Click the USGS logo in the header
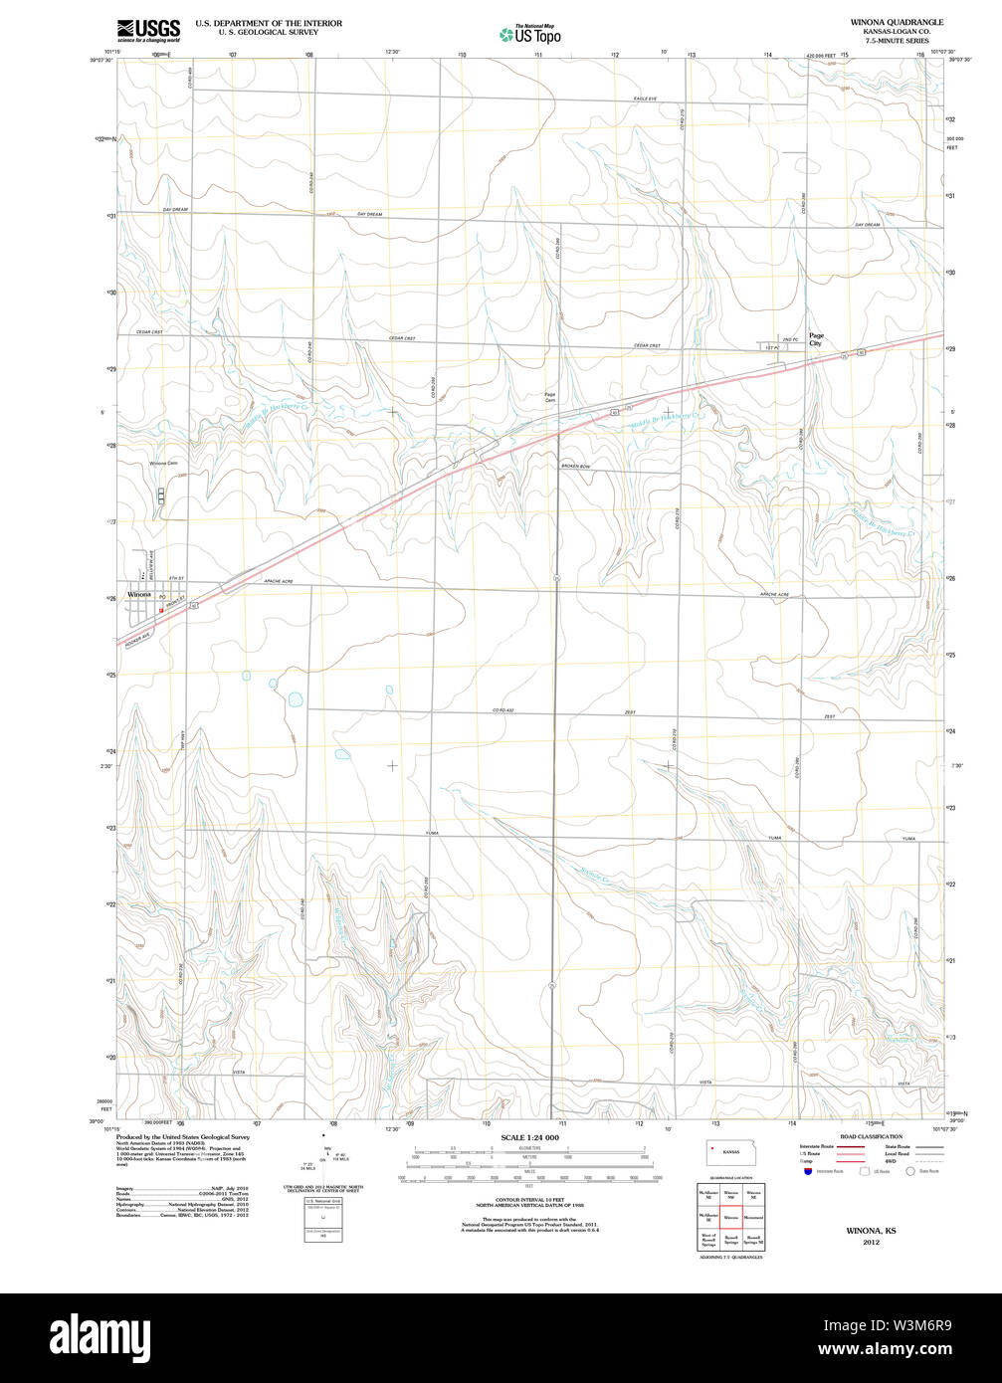point(148,29)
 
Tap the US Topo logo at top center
point(529,35)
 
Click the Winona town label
point(138,594)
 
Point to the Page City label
point(816,339)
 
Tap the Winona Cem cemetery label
point(163,464)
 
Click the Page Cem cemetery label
point(549,397)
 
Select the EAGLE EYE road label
point(645,99)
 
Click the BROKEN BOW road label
point(575,467)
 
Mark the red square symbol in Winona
point(160,611)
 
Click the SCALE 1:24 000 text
point(529,1137)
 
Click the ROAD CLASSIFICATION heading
point(871,1136)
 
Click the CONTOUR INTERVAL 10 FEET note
point(529,1200)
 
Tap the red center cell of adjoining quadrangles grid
point(730,1216)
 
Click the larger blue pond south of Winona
point(295,698)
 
